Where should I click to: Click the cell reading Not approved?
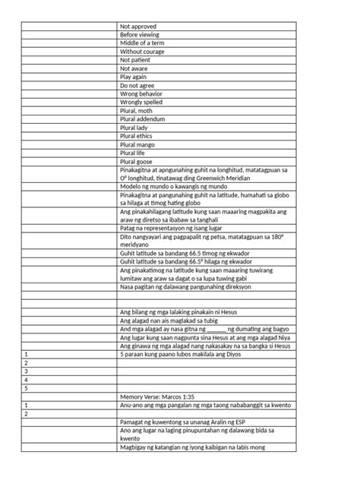tap(138, 27)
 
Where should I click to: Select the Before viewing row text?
tap(141, 35)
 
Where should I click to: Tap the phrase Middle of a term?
tap(144, 43)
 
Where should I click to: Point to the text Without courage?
tap(143, 52)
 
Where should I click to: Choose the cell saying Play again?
tap(135, 77)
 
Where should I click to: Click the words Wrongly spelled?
tap(141, 102)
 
